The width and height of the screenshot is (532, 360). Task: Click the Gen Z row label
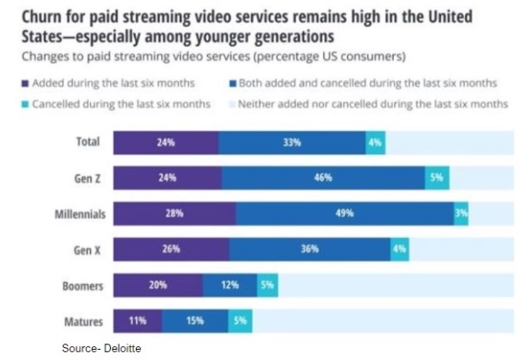[x=86, y=178]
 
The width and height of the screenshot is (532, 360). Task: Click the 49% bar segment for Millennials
[x=345, y=213]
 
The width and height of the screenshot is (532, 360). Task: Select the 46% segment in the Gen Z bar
[x=322, y=178]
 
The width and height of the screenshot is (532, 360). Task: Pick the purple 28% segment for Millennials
[x=174, y=213]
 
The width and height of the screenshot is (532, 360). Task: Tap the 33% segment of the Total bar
[x=291, y=143]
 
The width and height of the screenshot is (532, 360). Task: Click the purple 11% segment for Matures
[x=137, y=321]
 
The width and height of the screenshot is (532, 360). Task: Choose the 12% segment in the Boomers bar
[x=229, y=285]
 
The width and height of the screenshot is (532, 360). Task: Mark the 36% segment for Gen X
[x=309, y=249]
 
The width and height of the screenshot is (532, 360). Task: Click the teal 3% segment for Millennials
[x=462, y=213]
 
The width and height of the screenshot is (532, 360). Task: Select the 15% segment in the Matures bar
[x=194, y=321]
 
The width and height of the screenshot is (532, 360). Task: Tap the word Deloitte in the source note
[x=120, y=348]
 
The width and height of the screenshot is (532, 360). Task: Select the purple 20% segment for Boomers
[x=157, y=285]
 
